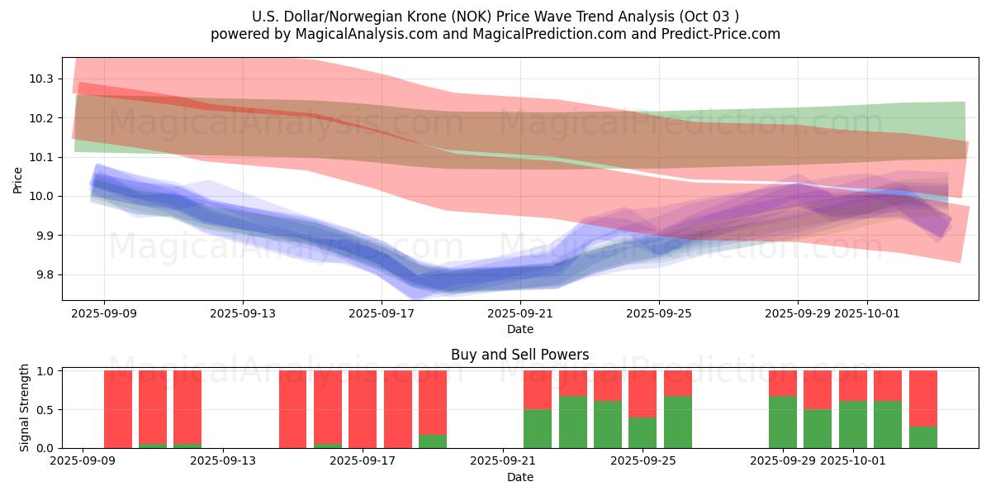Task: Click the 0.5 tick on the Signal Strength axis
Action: pos(45,409)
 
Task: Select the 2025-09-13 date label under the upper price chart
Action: pos(243,314)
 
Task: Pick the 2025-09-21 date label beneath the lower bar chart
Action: pos(503,460)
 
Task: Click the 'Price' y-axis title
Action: pos(18,179)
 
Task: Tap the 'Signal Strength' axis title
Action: pos(25,408)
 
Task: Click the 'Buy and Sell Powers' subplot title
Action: pos(519,355)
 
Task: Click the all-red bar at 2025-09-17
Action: pos(398,409)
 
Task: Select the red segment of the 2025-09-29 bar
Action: pos(783,383)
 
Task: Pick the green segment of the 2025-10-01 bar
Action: pos(852,424)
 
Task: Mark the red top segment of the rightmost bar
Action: pos(922,398)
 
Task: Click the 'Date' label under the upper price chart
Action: pos(519,329)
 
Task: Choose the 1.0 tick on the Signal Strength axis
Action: pos(45,371)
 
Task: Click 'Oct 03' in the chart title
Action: pos(711,17)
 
